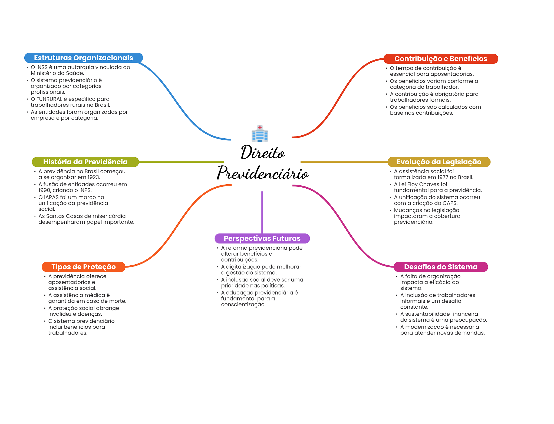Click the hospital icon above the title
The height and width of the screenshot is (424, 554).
260,133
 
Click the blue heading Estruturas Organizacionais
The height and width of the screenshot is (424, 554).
83,58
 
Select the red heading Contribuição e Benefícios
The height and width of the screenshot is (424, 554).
441,59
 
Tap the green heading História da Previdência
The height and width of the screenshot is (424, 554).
85,162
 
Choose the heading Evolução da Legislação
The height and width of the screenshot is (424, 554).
439,162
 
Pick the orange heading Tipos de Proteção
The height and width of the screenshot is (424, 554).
84,267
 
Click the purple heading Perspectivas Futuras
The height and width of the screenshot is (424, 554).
262,238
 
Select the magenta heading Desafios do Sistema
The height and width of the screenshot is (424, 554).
441,267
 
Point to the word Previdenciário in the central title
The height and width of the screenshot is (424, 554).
263,173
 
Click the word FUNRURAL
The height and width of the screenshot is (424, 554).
49,99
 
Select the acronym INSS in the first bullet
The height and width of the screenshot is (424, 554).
42,67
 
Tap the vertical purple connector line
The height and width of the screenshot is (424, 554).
262,212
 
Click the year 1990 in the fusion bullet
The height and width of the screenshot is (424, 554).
44,190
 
